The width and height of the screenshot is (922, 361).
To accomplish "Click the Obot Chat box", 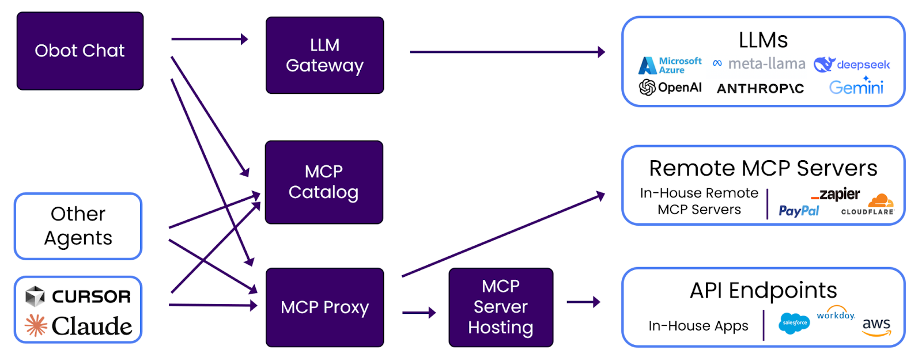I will pos(80,51).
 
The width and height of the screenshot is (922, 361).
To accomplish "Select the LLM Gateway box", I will pos(324,55).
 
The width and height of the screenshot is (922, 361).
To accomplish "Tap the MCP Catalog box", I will pos(324,182).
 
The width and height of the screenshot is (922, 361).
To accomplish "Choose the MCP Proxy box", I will pos(324,307).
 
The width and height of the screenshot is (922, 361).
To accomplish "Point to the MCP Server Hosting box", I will pos(501,307).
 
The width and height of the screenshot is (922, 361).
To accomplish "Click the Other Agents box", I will pos(78,226).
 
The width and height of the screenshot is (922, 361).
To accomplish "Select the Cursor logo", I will pos(78,297).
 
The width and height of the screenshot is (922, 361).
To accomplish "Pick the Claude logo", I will pos(78,326).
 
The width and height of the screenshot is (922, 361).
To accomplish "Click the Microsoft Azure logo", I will pos(670,65).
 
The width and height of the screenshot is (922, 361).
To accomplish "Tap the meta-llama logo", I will pos(759,64).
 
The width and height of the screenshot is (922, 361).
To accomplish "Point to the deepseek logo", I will pos(852,64).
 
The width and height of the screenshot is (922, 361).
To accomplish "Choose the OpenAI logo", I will pos(670,88).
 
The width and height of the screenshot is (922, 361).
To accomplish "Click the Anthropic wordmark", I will pos(760,89).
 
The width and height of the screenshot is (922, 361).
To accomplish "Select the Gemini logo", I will pos(856,86).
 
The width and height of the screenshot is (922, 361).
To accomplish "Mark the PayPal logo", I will pos(799,211).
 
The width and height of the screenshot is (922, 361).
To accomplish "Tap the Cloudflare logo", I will pos(868,205).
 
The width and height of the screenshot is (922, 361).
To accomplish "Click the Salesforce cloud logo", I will pos(794,323).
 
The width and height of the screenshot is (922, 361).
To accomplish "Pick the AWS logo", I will pos(876,326).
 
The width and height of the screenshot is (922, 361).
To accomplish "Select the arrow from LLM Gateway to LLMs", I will pos(507,52).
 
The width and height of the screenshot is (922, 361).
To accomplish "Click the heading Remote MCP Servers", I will pos(763,169).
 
